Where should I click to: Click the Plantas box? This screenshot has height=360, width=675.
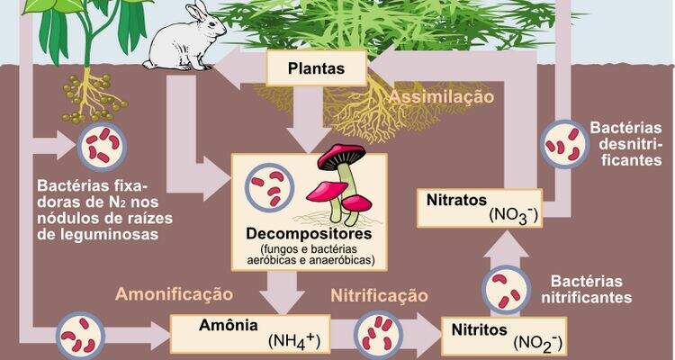tap(317, 68)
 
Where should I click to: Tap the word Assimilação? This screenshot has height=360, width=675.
tap(441, 97)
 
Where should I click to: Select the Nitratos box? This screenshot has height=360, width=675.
tap(480, 208)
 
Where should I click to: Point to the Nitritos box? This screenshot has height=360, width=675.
tap(504, 337)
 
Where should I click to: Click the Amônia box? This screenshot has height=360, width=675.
tap(250, 334)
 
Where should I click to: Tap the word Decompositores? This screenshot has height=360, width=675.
tap(309, 234)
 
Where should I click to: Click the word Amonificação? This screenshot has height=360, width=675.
tap(175, 294)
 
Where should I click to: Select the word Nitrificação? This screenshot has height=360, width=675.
tap(379, 295)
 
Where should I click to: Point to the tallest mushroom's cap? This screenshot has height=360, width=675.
tap(342, 156)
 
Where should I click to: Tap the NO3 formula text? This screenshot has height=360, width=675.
tap(513, 215)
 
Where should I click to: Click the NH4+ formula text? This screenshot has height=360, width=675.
tap(294, 341)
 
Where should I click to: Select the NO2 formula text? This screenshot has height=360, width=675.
tap(537, 343)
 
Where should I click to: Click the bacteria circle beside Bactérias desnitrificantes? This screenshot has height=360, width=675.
tap(564, 144)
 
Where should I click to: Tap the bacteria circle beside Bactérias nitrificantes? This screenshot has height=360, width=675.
tap(506, 290)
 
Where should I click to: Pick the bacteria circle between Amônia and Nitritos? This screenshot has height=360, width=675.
tap(378, 335)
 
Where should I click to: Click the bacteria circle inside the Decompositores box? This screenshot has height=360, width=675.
tap(269, 187)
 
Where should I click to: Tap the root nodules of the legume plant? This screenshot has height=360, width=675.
tap(94, 98)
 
